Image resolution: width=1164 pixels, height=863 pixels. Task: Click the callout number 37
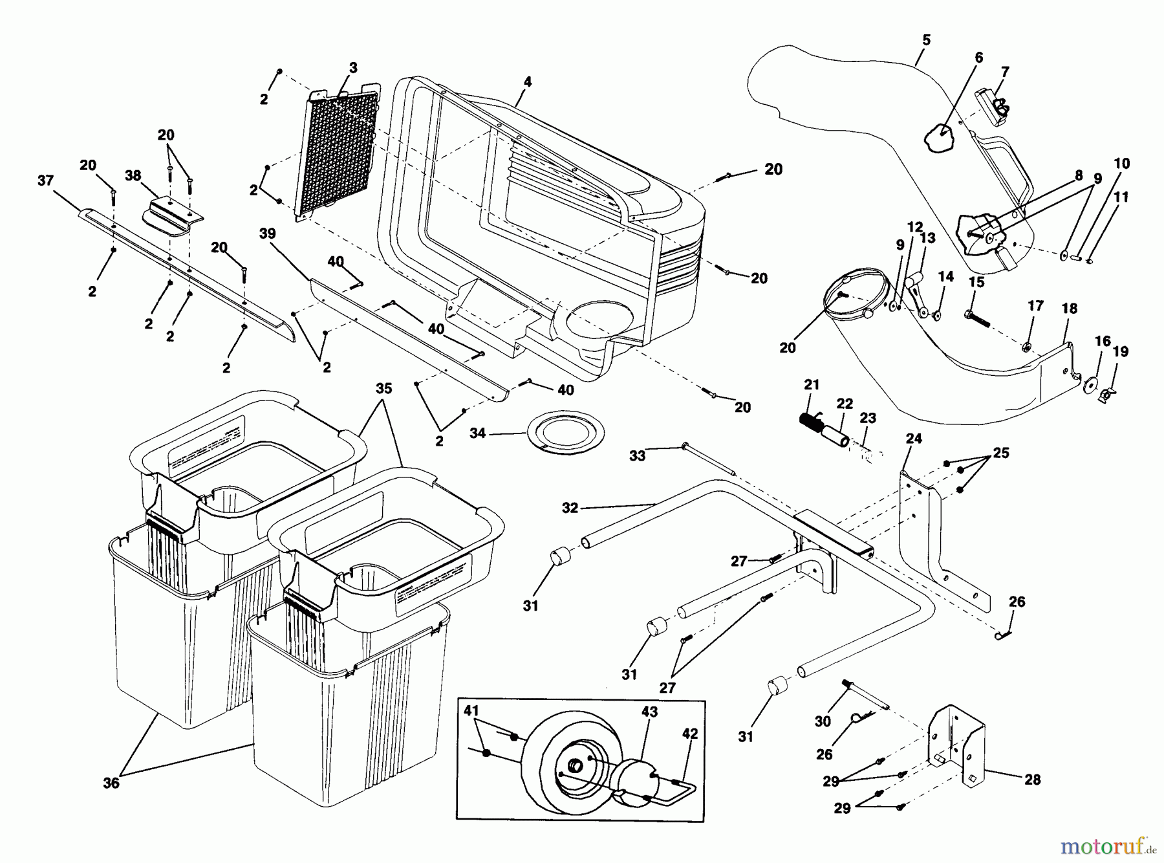(45, 181)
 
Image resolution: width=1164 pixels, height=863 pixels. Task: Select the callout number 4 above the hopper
(528, 82)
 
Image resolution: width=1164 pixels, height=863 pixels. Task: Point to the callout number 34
(477, 433)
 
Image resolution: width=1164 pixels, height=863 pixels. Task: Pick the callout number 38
(133, 176)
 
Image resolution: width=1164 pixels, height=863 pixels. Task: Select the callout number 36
(111, 783)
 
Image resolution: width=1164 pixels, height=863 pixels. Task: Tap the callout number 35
(384, 388)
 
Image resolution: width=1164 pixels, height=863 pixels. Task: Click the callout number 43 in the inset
(649, 712)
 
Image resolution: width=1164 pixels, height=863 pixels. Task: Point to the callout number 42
(690, 734)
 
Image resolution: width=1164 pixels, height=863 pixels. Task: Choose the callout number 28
(1033, 780)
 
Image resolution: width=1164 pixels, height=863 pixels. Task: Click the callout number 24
(913, 439)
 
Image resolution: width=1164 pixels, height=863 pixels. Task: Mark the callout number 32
(570, 508)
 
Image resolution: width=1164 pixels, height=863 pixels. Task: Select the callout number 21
(812, 385)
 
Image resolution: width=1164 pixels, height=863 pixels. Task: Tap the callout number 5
(926, 40)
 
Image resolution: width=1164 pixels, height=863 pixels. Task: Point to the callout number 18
(1070, 309)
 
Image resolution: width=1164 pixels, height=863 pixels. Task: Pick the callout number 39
(268, 234)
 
